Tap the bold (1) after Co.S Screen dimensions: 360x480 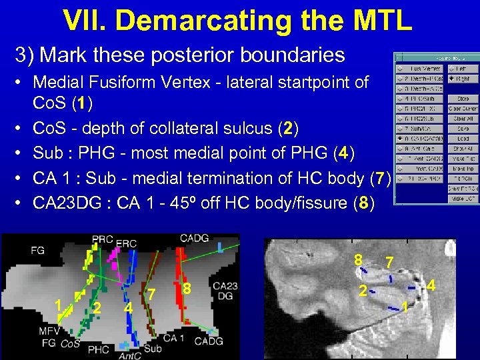coord(81,103)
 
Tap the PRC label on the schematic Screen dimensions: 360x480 coord(103,239)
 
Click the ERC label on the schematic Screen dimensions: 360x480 coord(126,243)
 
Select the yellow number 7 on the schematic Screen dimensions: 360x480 coord(152,294)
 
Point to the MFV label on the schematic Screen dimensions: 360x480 coord(49,331)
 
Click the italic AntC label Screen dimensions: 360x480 coord(129,355)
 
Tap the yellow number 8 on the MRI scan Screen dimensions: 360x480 coord(358,259)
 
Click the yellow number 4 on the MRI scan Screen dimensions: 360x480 coord(431,286)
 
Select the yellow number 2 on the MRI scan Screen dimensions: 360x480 coord(362,291)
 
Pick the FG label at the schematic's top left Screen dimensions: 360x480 coord(39,251)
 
